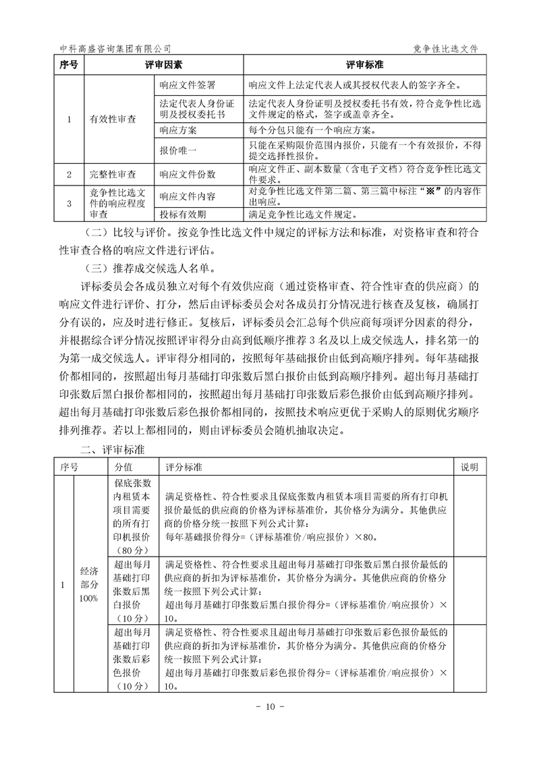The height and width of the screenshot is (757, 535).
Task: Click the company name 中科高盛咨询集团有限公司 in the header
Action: pos(115,49)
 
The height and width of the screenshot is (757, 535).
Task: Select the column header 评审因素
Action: pos(163,65)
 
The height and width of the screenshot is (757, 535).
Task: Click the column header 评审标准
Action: pos(365,65)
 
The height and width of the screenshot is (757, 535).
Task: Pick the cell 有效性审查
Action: pos(113,119)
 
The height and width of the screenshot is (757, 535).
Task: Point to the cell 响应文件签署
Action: pos(187,86)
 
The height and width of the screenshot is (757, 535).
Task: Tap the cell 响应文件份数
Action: pos(187,174)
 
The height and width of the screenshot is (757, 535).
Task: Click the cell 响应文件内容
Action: pos(187,196)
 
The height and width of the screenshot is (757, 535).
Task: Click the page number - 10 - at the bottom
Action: pos(267,706)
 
